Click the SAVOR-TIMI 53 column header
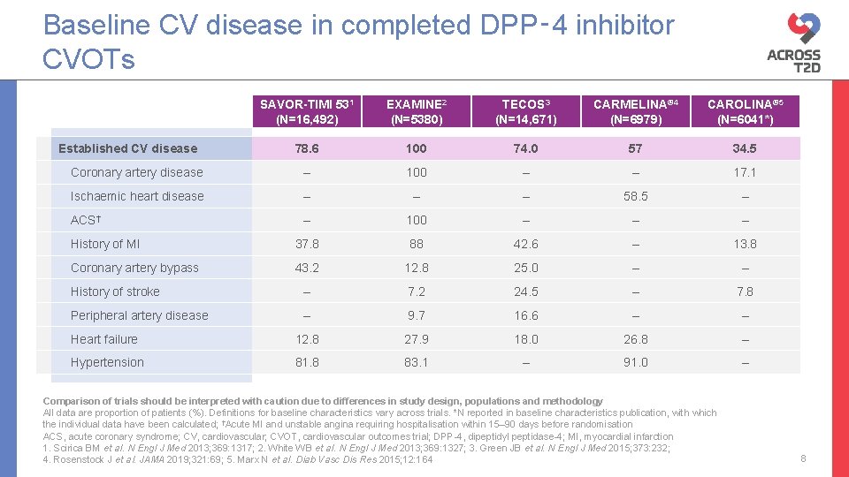[x=306, y=111]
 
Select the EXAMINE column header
[x=416, y=111]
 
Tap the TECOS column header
[x=525, y=111]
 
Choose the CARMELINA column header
[x=635, y=111]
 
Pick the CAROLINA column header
[x=745, y=111]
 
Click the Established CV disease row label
[x=127, y=148]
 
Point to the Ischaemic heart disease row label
[x=137, y=196]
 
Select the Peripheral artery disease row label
[x=139, y=315]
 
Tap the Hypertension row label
[x=107, y=362]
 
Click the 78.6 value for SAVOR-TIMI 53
[x=306, y=148]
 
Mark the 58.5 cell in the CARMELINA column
[x=635, y=196]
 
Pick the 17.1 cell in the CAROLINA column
[x=745, y=172]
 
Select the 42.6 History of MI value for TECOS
[x=525, y=244]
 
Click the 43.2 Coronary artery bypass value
[x=306, y=268]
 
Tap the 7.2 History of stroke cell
[x=416, y=291]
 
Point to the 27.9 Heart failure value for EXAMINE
[x=416, y=339]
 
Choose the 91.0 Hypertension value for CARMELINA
[x=635, y=362]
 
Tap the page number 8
[x=803, y=458]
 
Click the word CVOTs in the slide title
[x=88, y=60]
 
